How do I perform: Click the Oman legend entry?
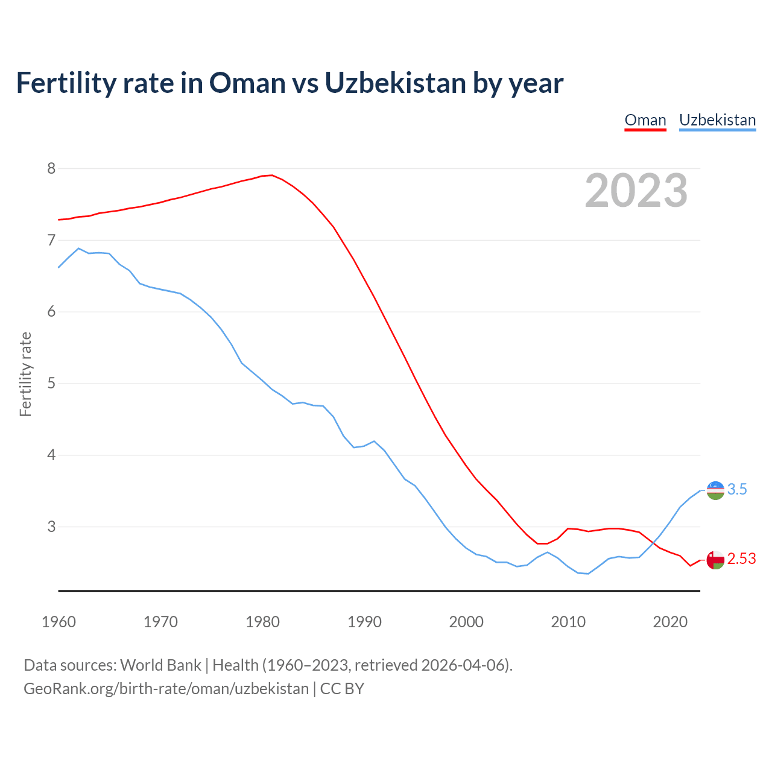click(645, 120)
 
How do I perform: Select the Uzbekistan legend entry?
click(717, 120)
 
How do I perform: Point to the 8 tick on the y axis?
click(51, 168)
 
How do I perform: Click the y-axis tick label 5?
click(51, 384)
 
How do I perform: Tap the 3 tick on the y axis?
click(51, 527)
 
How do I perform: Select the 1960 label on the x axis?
click(59, 622)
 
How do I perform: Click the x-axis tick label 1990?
click(364, 622)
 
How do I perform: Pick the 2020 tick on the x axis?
click(670, 622)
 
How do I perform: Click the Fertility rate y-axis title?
click(25, 374)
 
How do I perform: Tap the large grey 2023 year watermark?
click(636, 191)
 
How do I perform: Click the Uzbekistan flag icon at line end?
click(715, 490)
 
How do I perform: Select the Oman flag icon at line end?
click(715, 560)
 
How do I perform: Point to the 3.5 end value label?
click(737, 490)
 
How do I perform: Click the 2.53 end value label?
click(741, 559)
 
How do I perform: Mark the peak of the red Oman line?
click(272, 176)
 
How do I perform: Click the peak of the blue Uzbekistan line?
click(78, 248)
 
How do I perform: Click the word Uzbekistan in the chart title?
click(395, 83)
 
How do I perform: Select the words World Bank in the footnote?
click(160, 665)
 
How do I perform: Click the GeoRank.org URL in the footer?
click(166, 689)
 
